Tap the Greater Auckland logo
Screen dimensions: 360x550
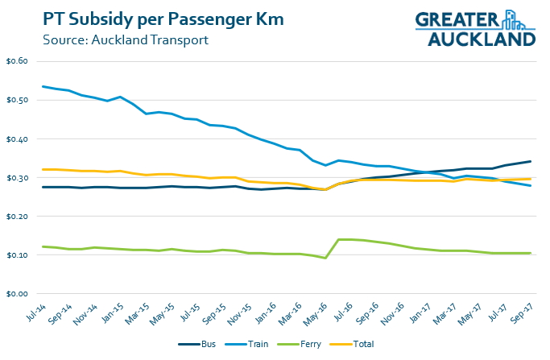point(475,28)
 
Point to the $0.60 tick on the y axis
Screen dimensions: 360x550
point(17,62)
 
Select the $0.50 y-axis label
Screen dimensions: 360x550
point(17,101)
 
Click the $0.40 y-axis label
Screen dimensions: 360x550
point(17,139)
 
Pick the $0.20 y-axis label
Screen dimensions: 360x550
point(17,217)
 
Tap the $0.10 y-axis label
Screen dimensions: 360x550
point(17,255)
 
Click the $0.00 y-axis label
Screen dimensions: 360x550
point(17,294)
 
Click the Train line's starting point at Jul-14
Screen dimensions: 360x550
point(43,86)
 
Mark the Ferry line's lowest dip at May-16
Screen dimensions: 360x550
point(325,258)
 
